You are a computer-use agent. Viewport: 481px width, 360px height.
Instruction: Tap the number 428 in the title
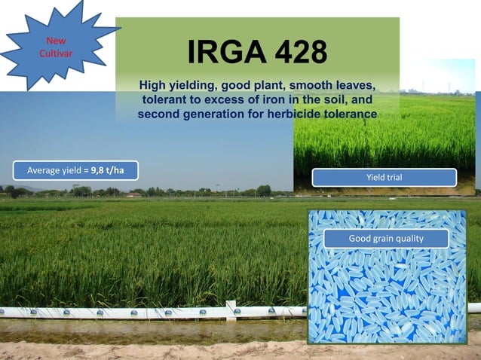click(x=299, y=53)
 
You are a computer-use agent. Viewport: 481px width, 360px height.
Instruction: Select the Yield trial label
click(x=384, y=178)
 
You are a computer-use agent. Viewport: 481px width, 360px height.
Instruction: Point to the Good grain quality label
click(x=386, y=239)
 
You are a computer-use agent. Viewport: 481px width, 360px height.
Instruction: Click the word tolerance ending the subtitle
click(x=349, y=114)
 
